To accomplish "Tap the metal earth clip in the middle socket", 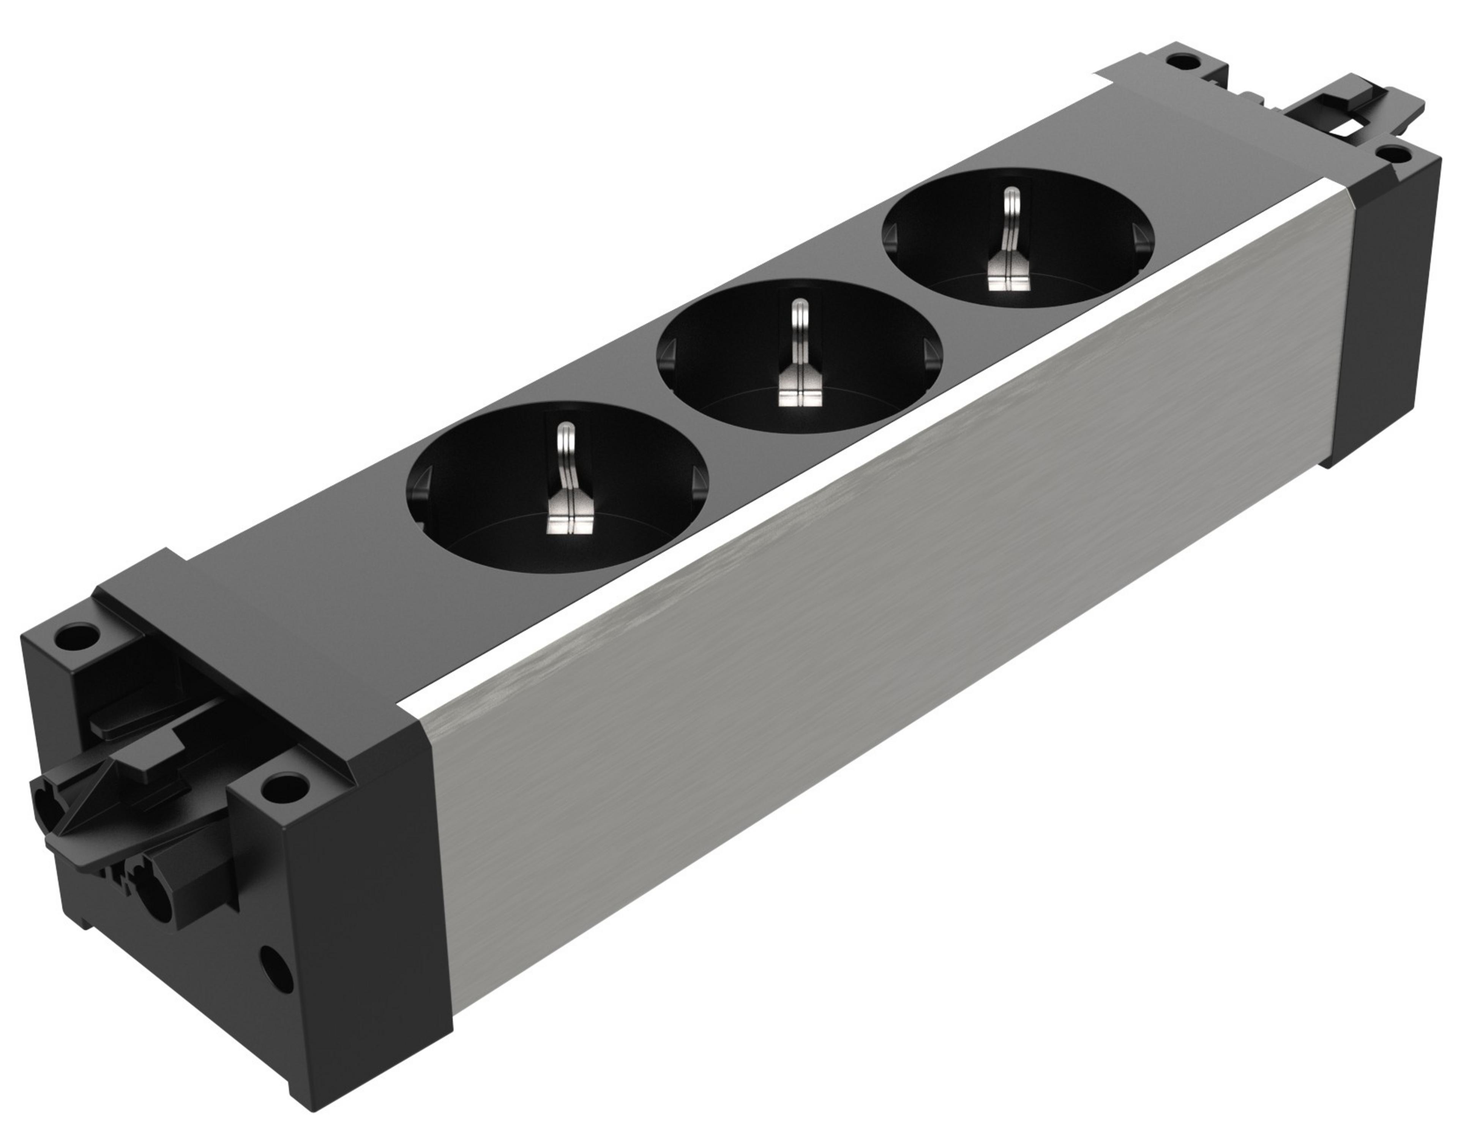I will coord(799,364).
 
